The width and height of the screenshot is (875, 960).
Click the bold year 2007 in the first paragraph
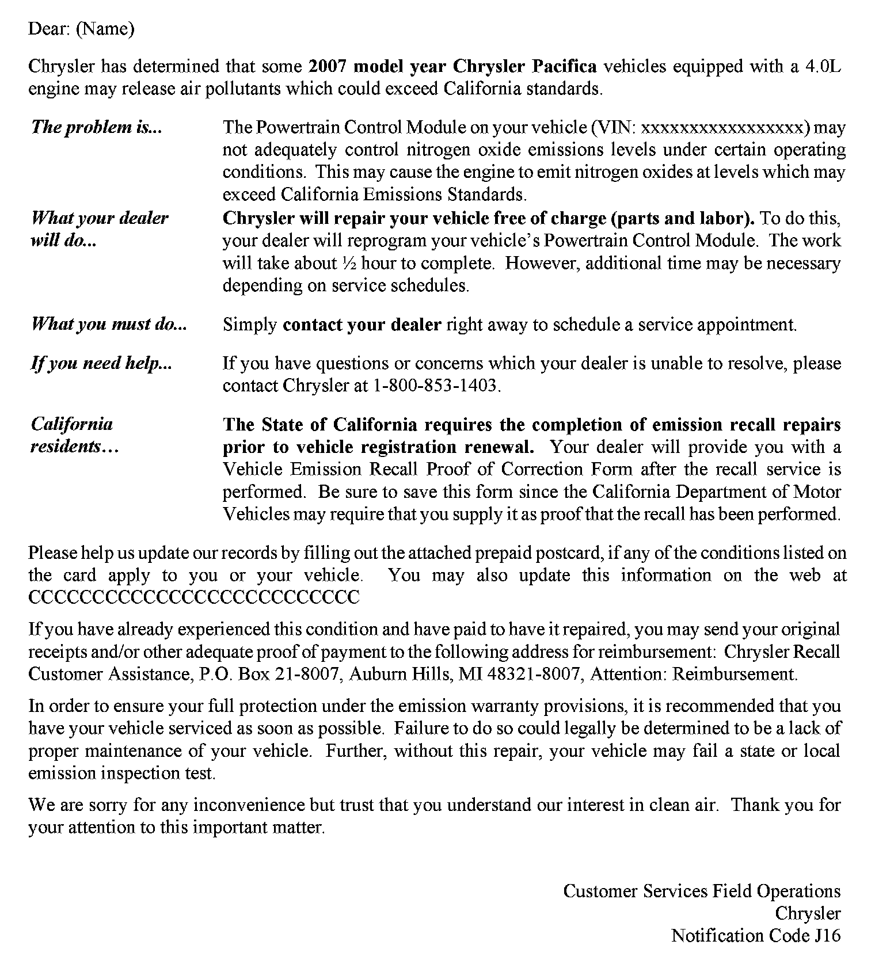[x=327, y=66]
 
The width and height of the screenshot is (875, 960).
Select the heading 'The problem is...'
[x=96, y=127]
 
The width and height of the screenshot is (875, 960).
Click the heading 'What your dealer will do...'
[x=99, y=229]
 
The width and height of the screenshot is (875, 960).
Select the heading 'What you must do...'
[x=109, y=325]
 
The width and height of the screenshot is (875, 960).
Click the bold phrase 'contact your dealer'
[x=362, y=325]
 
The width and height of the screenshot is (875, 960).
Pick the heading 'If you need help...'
[x=101, y=364]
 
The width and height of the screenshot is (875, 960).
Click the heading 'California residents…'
[x=74, y=436]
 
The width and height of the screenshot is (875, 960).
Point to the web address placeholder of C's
[x=194, y=597]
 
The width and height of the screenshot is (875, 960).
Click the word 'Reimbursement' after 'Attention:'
[x=734, y=674]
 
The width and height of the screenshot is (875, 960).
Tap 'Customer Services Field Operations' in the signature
[x=702, y=891]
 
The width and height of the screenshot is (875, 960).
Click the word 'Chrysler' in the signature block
[x=808, y=913]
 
